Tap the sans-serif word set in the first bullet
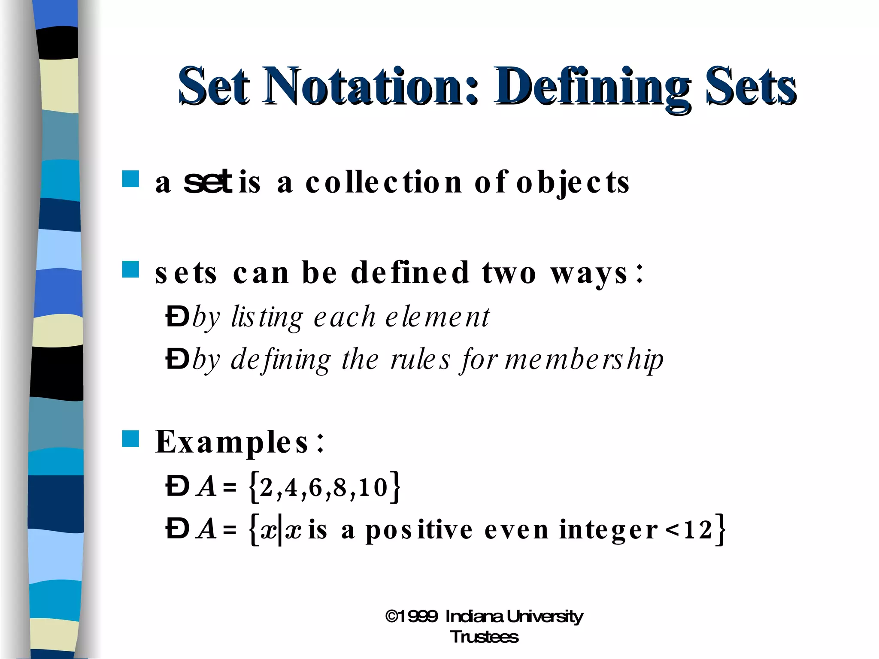pyautogui.click(x=208, y=182)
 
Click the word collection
pyautogui.click(x=384, y=182)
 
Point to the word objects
pyautogui.click(x=573, y=183)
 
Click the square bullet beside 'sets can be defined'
pyautogui.click(x=130, y=269)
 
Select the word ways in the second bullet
pyautogui.click(x=590, y=273)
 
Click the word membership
pyautogui.click(x=584, y=360)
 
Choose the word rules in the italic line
pyautogui.click(x=420, y=360)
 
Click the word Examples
pyautogui.click(x=232, y=442)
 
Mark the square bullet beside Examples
pyautogui.click(x=130, y=439)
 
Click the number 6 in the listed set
pyautogui.click(x=315, y=488)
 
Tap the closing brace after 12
pyautogui.click(x=721, y=529)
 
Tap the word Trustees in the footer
pyautogui.click(x=484, y=637)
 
